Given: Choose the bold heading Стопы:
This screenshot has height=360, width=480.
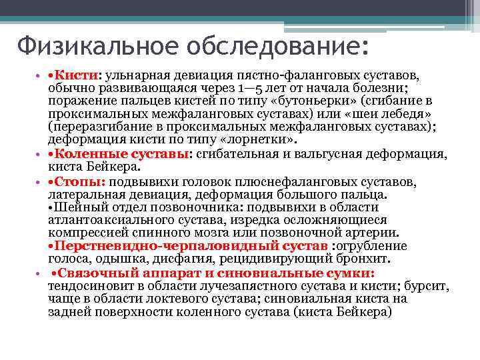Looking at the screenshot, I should click(81, 182).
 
